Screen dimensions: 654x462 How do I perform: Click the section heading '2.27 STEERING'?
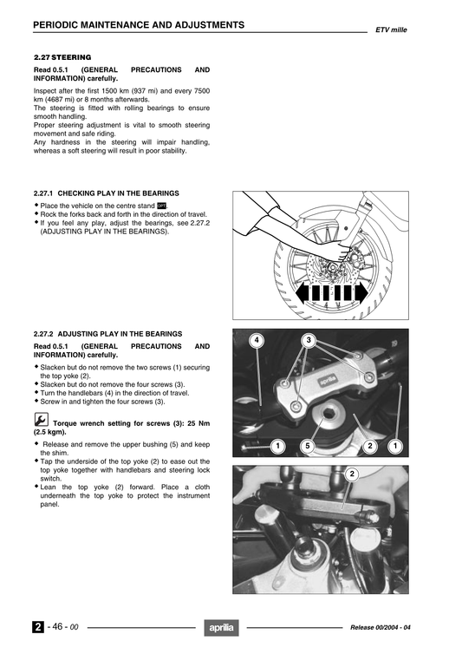tap(62, 56)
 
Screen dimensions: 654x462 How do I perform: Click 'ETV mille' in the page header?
tap(391, 29)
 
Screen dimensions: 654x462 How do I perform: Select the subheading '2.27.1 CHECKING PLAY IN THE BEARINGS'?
tap(106, 193)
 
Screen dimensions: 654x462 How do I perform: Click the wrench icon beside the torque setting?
tap(41, 420)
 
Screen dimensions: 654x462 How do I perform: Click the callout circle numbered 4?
tap(256, 340)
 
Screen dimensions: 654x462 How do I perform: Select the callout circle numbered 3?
tap(308, 340)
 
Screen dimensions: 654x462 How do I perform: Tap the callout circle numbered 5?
tap(306, 446)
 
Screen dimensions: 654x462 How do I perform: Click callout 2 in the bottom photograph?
tap(352, 474)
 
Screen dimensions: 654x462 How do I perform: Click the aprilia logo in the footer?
tap(220, 628)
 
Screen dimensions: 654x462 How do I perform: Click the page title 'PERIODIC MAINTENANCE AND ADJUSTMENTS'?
tap(138, 25)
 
